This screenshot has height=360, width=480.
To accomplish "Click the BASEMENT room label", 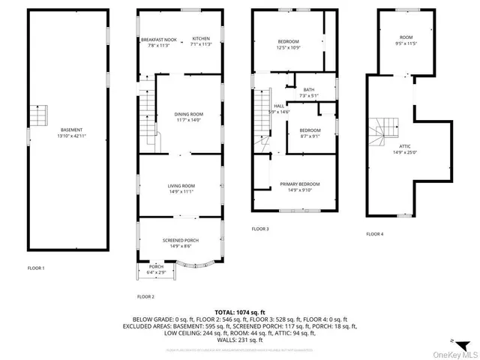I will point(67,130).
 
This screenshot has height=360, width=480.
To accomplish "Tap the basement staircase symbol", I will point(38,116).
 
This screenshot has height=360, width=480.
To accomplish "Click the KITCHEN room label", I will point(201,39).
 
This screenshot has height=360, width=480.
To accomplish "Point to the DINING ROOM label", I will point(190,114).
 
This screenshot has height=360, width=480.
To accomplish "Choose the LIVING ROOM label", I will point(181,185).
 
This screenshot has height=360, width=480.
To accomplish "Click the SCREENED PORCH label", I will point(181,240).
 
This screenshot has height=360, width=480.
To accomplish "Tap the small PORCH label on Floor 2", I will point(156,266).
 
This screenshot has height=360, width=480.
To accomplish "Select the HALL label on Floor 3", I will point(278,106).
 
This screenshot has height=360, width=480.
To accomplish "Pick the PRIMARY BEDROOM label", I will point(300,184).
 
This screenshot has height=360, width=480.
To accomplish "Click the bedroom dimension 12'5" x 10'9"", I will point(288,48).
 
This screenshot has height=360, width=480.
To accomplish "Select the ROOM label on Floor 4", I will point(406,37).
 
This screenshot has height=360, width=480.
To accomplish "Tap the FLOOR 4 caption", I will point(374,234).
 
